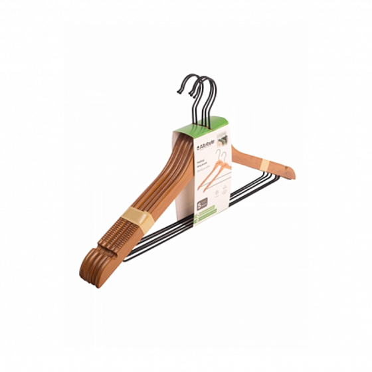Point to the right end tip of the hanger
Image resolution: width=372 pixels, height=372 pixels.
(293, 173)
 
